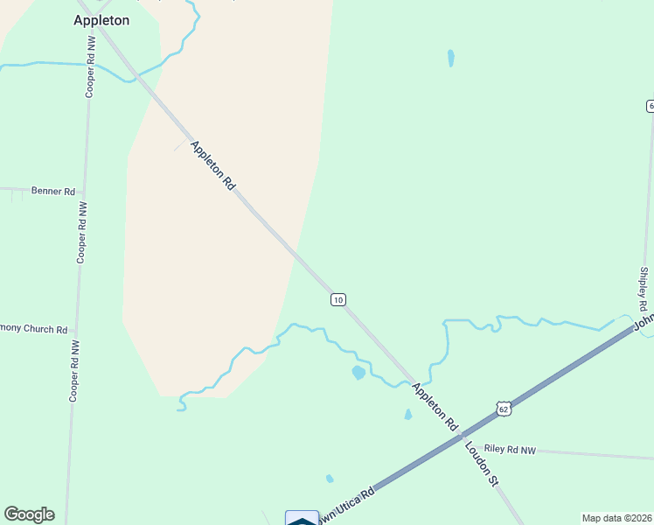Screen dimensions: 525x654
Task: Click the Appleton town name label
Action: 101,20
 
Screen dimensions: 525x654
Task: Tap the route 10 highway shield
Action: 338,299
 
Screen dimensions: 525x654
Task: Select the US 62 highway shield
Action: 502,409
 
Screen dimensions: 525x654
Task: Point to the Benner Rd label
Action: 53,190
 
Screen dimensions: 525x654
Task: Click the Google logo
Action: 29,514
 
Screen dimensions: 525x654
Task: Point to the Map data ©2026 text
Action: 616,518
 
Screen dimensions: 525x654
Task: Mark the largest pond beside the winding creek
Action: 358,373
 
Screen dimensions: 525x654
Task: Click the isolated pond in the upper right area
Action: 451,59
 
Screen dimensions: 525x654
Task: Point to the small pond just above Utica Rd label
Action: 330,479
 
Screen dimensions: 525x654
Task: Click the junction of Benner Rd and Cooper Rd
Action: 83,190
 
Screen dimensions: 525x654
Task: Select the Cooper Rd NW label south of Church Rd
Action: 73,370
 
